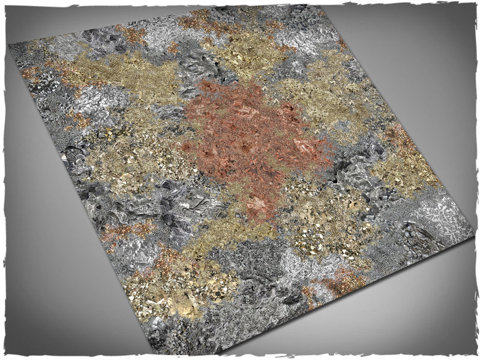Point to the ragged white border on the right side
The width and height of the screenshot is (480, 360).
click(x=477, y=180)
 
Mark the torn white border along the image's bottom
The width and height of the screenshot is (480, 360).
click(x=240, y=357)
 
